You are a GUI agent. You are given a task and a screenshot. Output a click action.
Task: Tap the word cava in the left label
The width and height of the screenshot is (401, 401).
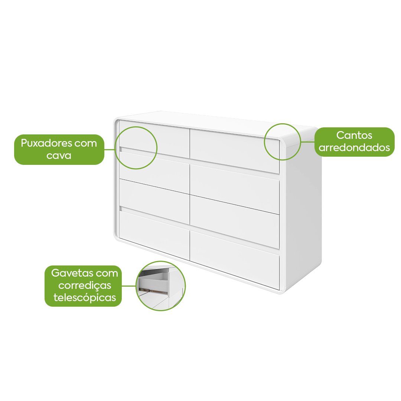click(59, 156)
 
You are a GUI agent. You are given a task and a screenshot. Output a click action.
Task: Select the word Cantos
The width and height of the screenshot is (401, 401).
click(354, 135)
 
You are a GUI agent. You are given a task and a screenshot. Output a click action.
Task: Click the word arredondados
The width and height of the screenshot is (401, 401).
click(354, 147)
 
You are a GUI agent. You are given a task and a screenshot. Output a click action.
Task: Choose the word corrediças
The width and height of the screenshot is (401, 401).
click(85, 286)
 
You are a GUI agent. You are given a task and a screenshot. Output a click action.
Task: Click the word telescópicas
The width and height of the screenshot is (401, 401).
click(85, 298)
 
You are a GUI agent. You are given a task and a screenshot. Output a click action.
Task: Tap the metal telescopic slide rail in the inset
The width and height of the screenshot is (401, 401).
click(153, 290)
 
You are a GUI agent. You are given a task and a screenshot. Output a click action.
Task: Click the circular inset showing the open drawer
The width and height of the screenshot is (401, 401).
click(161, 286)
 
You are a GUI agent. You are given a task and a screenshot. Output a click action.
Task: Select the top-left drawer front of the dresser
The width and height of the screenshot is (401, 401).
click(154, 139)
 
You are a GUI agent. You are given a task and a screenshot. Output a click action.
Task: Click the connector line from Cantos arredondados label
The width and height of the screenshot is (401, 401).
click(308, 142)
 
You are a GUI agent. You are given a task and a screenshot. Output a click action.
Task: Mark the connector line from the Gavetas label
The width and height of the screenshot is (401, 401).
click(128, 286)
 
